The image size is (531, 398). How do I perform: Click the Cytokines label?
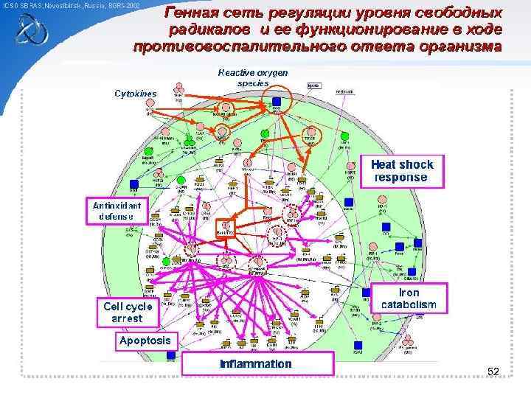(136, 94)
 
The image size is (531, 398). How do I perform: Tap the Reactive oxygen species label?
(252, 78)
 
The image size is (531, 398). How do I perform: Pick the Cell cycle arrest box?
(128, 313)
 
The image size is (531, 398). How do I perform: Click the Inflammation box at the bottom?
(255, 364)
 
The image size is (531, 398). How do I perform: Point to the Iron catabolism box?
(408, 298)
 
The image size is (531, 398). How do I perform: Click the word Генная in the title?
(190, 13)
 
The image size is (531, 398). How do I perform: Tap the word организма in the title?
(459, 46)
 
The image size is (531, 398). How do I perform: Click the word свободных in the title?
(457, 13)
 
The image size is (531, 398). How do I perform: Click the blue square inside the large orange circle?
(277, 101)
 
